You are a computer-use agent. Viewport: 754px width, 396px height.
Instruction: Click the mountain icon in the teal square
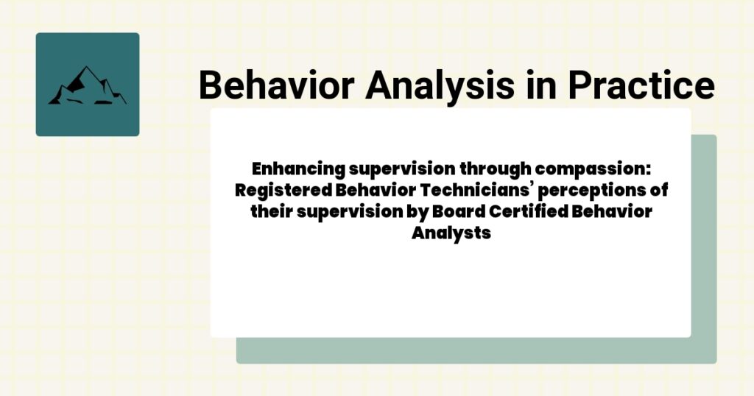[x=87, y=85]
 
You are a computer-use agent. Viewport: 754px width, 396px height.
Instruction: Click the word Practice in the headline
[x=640, y=86]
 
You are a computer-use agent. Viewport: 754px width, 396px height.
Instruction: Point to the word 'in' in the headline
[x=541, y=86]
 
